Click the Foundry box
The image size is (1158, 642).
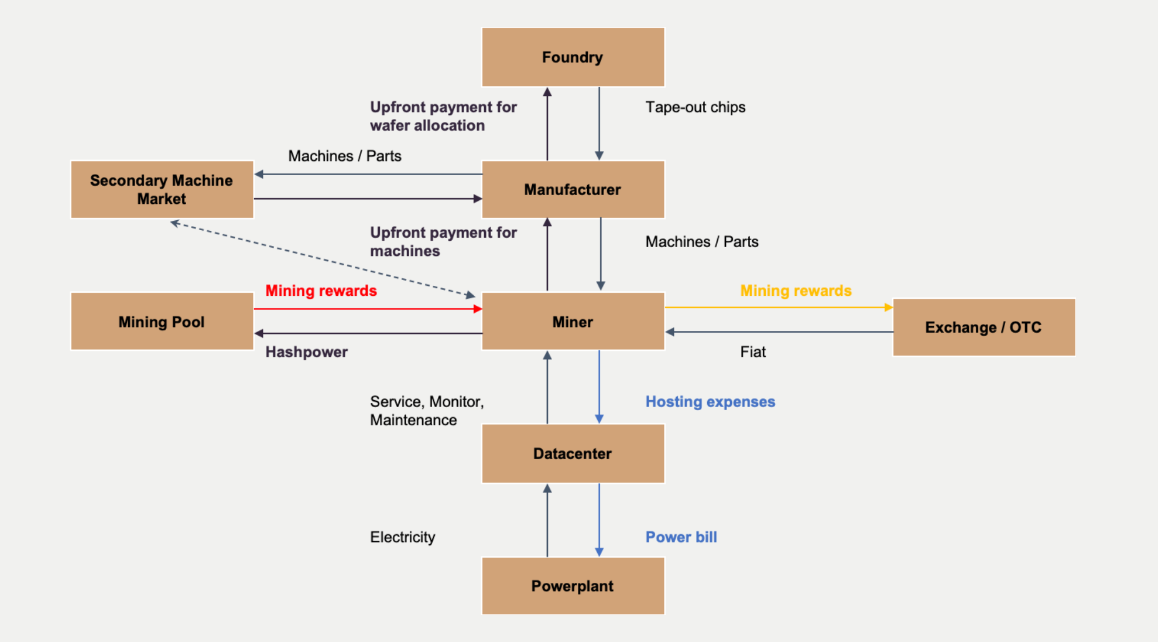click(x=573, y=57)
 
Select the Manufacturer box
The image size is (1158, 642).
click(x=573, y=190)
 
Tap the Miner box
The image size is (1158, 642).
click(x=573, y=322)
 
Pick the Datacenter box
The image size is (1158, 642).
click(x=573, y=453)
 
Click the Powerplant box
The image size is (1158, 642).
click(x=573, y=586)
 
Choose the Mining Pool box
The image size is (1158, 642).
click(x=162, y=322)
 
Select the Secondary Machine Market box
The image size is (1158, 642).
click(x=162, y=190)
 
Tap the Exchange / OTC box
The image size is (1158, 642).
click(x=984, y=327)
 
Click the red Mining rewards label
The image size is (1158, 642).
click(x=321, y=291)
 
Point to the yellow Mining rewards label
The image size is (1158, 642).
click(x=796, y=291)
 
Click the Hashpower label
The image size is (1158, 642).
click(x=306, y=352)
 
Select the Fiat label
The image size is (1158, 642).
click(x=753, y=352)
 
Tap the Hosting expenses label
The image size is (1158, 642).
click(x=710, y=402)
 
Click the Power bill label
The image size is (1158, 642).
click(x=681, y=537)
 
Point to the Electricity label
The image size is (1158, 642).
click(x=402, y=537)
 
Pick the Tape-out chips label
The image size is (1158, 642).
click(x=696, y=107)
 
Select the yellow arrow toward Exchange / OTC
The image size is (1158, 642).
click(x=779, y=307)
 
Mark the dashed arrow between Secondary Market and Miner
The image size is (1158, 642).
click(x=322, y=258)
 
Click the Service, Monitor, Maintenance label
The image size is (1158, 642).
click(x=426, y=411)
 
